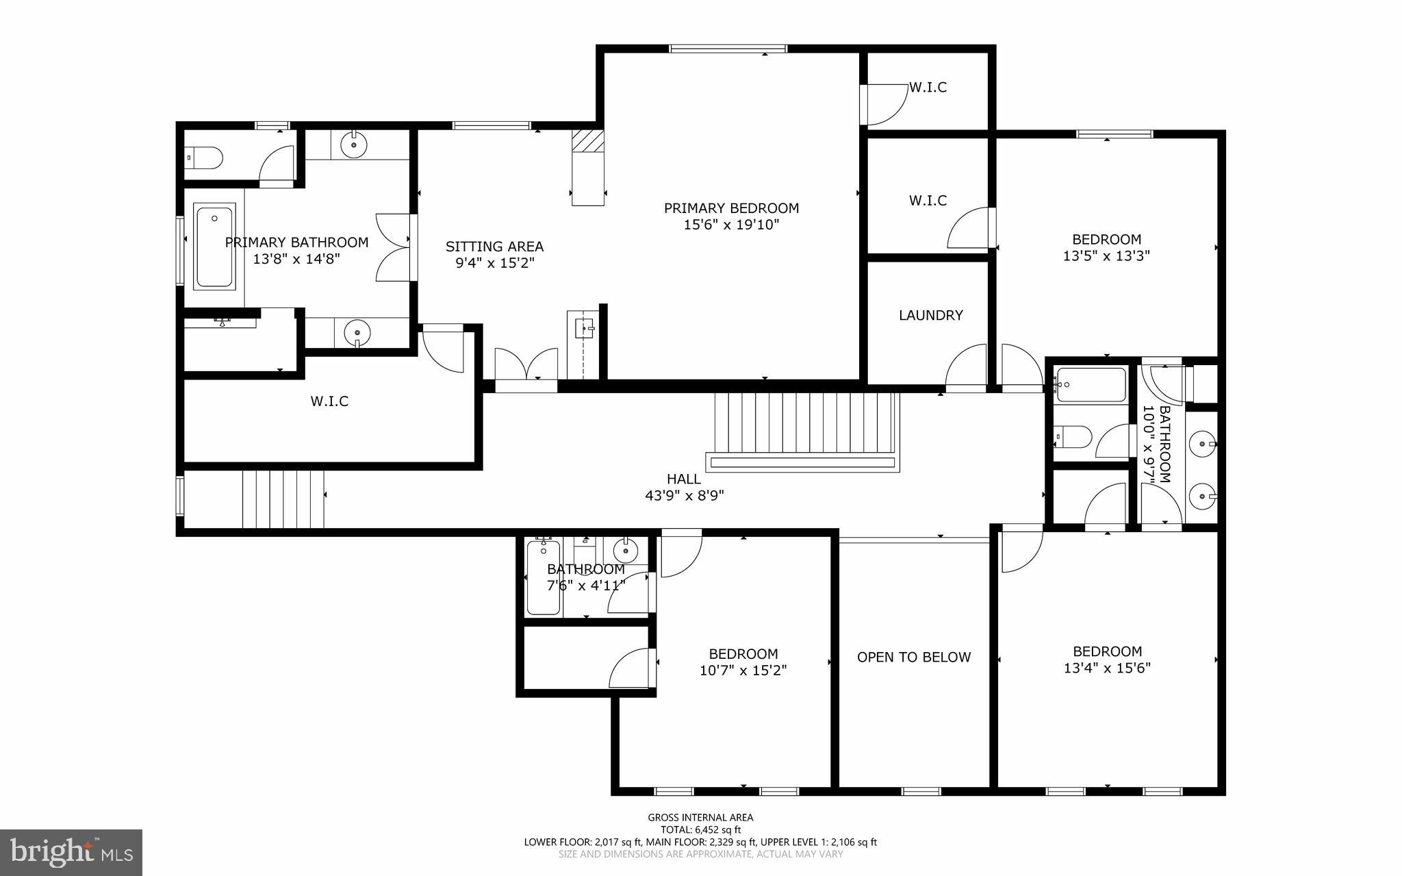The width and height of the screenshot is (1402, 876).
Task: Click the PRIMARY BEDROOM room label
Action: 731,208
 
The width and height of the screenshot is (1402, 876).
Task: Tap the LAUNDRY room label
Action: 930,315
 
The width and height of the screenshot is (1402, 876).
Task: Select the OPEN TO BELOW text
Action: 913,657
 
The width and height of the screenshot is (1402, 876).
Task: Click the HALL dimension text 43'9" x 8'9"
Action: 684,495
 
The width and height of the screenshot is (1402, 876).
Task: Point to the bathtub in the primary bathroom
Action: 214,245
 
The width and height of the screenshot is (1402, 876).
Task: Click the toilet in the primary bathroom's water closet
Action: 205,158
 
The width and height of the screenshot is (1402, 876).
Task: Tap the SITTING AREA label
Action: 494,247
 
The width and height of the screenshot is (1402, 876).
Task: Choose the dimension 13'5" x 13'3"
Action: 1106,256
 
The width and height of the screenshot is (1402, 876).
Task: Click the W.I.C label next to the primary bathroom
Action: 329,401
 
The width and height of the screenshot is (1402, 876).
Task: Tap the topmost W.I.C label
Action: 928,88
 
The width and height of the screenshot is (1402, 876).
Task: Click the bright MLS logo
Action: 71,852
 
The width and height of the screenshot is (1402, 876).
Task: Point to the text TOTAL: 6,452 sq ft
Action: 700,829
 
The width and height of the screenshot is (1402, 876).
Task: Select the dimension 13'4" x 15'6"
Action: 1106,668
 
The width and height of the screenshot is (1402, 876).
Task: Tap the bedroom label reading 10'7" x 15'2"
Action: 743,670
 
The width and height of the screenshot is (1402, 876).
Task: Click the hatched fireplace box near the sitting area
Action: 588,140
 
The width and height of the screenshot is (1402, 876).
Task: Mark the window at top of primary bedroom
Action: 728,49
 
